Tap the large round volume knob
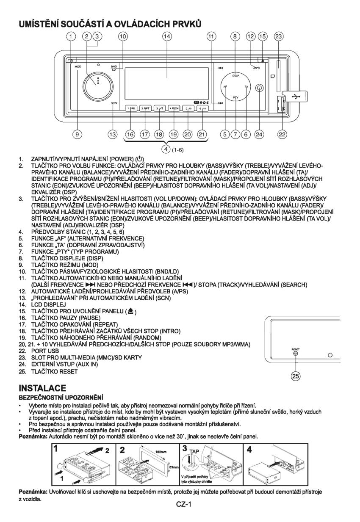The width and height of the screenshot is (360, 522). coord(94,82)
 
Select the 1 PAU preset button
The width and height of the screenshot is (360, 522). coord(130,108)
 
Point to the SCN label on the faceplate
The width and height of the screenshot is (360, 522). coord(114,103)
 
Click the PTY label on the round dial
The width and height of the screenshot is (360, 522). coord(236,97)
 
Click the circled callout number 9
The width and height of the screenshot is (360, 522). coord(77,134)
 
